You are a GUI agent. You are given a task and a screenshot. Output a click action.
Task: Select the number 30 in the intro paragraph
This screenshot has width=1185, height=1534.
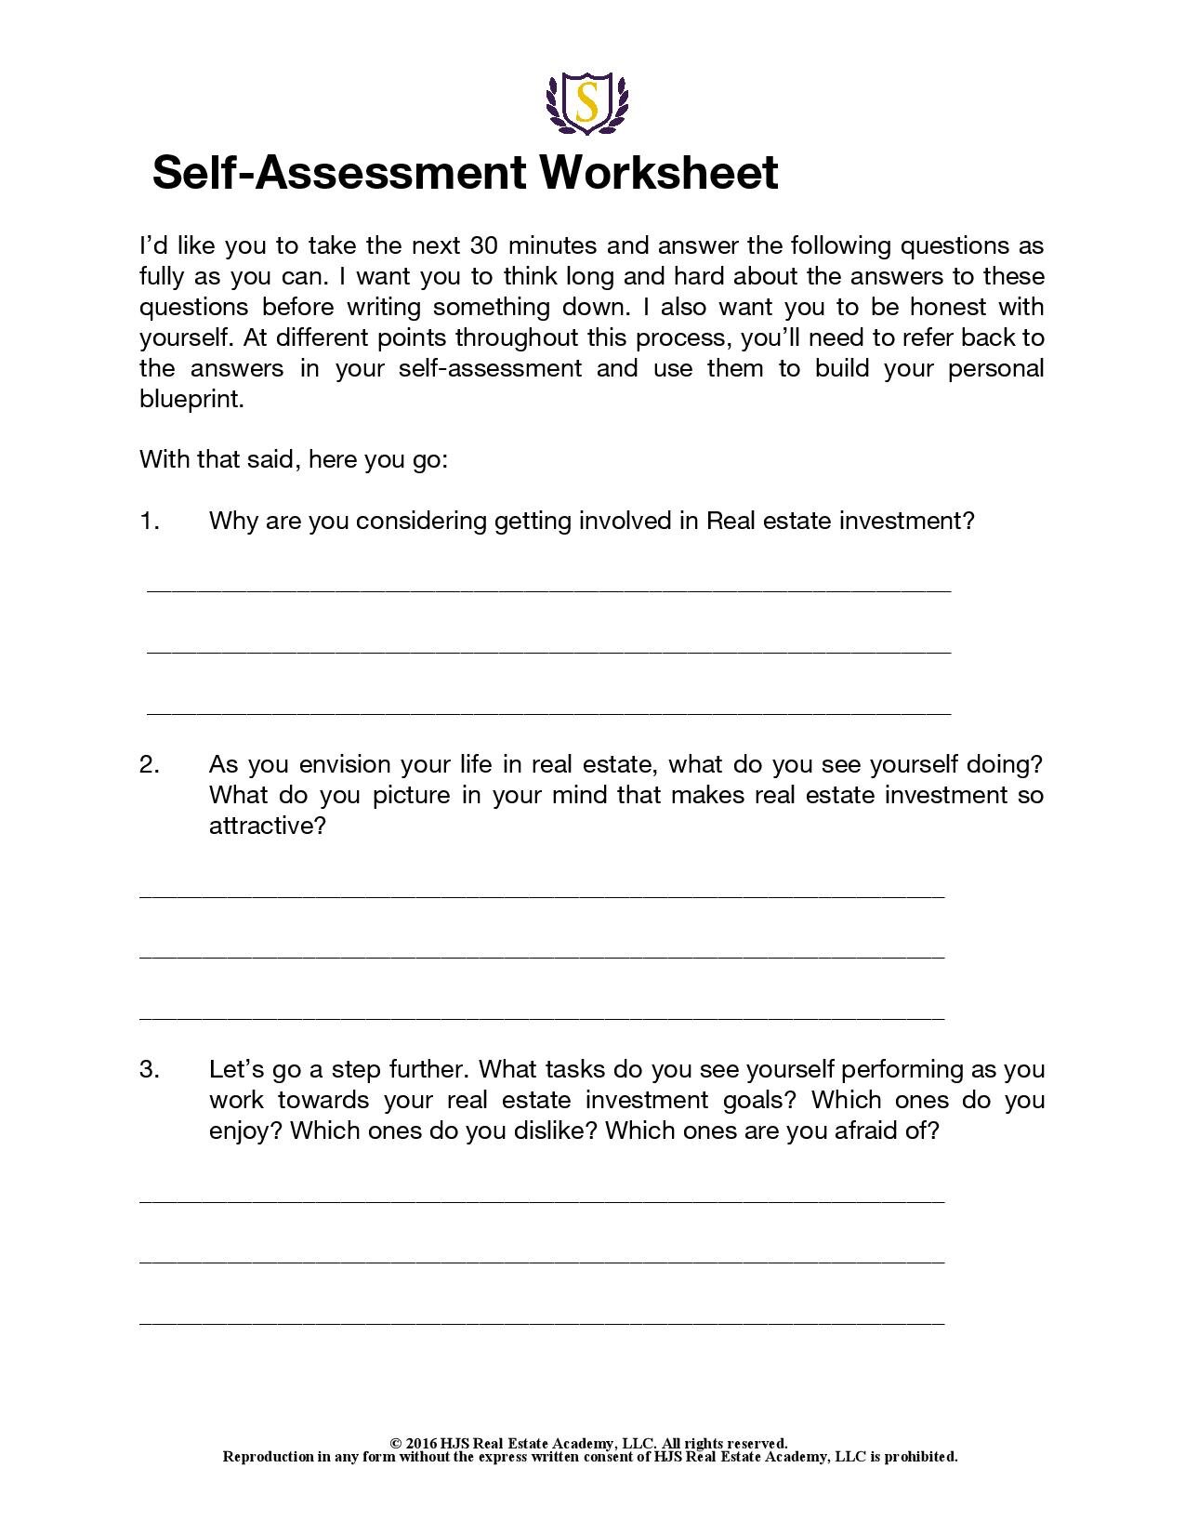click(484, 245)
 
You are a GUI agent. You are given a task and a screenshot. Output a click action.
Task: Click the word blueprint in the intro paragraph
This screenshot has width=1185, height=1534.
click(191, 399)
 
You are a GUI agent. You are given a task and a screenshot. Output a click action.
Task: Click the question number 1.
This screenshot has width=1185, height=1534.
click(150, 521)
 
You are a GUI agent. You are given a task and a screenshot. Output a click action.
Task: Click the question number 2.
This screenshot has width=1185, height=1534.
click(150, 764)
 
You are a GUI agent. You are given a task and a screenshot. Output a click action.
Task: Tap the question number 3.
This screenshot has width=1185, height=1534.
click(150, 1069)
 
